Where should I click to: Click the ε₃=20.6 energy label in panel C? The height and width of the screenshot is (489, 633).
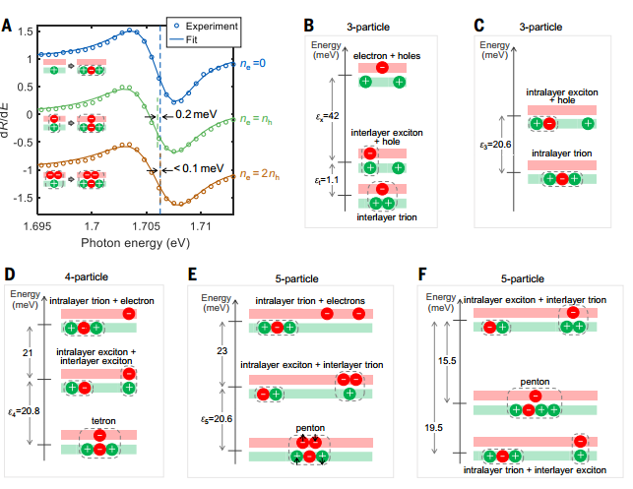(497, 145)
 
